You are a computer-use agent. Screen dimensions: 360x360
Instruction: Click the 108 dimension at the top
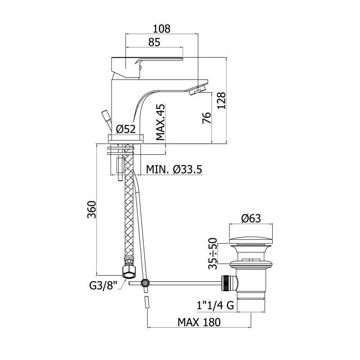click(162, 29)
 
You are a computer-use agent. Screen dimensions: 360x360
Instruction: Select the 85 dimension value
click(154, 42)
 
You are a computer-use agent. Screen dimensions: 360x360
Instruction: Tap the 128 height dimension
click(221, 101)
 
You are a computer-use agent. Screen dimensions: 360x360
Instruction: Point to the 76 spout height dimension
click(207, 118)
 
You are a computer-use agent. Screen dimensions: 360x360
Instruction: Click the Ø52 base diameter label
click(126, 129)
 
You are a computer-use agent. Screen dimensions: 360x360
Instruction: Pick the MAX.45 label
click(160, 122)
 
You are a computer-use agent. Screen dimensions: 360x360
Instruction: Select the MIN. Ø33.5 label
click(174, 170)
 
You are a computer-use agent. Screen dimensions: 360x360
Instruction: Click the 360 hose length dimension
click(92, 209)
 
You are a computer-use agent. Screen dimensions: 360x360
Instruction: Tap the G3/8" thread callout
click(103, 286)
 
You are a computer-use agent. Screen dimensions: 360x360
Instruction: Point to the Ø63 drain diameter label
click(251, 218)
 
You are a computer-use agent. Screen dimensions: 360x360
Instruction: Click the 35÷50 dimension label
click(212, 253)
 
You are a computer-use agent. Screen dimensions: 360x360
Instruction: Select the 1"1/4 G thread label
click(216, 306)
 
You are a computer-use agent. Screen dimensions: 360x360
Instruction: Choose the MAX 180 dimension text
click(199, 322)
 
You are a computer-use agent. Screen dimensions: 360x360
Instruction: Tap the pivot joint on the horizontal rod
click(145, 283)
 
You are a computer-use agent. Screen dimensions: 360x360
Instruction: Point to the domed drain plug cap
click(251, 240)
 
